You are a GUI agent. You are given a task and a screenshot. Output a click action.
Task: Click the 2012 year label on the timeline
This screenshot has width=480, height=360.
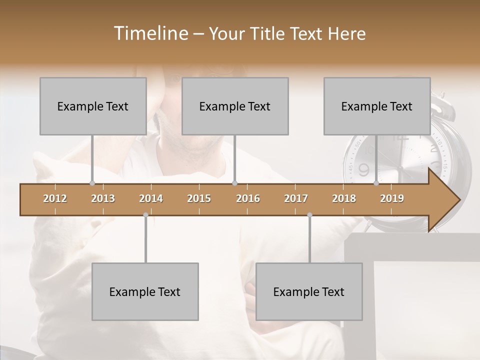tap(55, 198)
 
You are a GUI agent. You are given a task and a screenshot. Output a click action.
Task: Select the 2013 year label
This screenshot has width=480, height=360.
tap(103, 198)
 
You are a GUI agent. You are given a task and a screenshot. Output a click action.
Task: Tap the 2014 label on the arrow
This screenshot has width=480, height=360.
tap(151, 198)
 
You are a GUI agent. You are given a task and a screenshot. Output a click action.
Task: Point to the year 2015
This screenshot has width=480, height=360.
tap(199, 198)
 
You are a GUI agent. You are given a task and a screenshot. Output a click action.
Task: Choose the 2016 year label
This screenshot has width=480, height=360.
tap(248, 198)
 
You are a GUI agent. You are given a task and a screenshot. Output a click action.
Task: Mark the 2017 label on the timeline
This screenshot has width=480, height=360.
tap(296, 198)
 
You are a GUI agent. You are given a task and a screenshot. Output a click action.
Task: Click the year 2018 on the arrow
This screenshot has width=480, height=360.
tap(344, 198)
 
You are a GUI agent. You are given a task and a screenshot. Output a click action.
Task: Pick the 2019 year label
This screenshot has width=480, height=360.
tap(392, 198)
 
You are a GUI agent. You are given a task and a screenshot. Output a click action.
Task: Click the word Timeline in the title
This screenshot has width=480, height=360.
tap(149, 33)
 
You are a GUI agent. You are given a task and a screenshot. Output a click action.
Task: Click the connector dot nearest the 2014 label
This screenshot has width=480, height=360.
tap(145, 215)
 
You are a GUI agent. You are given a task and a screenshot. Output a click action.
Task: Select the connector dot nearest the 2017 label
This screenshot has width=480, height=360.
tap(309, 215)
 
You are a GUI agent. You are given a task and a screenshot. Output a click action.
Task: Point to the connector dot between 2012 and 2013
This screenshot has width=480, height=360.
tap(92, 183)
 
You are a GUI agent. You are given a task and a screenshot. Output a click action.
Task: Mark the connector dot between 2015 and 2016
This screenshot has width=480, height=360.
tap(234, 183)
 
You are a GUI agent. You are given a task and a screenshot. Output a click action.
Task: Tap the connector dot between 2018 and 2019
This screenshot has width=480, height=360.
tap(376, 183)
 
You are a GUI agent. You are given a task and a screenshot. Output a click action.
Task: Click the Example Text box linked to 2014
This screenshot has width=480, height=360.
tap(145, 291)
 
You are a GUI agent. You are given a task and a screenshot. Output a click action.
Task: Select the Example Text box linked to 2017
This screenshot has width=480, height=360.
tap(309, 291)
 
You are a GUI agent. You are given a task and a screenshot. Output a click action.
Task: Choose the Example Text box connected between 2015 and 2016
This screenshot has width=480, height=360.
tap(235, 106)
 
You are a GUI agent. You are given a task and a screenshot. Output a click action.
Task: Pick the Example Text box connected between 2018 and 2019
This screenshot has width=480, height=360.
tap(377, 106)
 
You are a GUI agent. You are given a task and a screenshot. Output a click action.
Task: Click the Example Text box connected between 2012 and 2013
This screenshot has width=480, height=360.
tap(93, 106)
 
